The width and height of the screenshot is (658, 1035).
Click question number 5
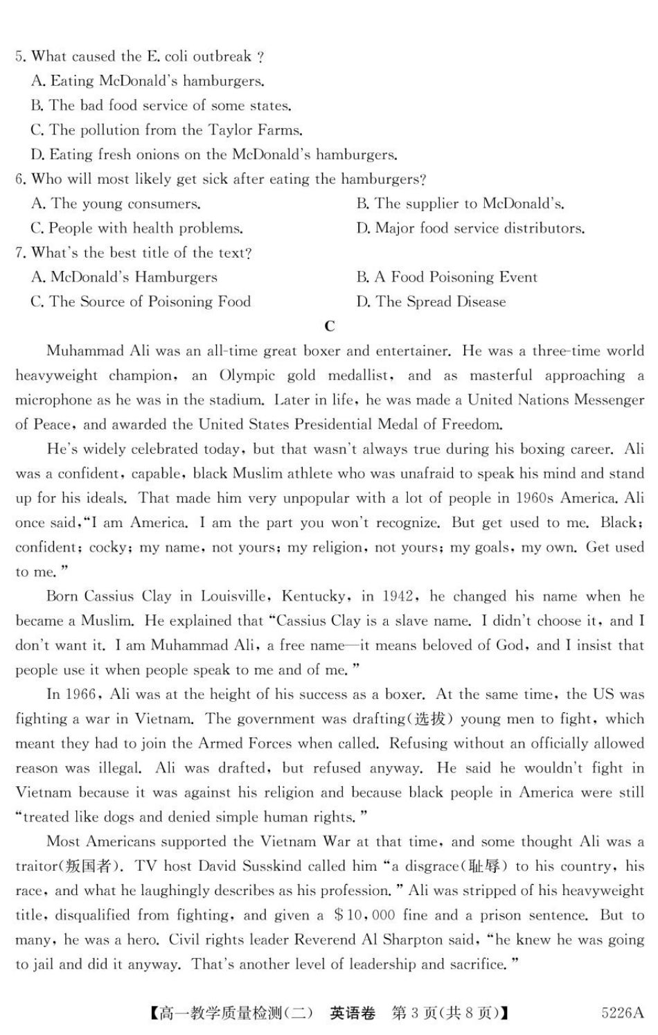point(20,57)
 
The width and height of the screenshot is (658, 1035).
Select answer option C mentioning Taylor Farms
point(166,130)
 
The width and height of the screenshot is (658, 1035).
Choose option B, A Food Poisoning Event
point(447,278)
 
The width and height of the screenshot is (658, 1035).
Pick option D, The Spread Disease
point(431,302)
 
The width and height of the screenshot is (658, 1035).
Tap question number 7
point(20,253)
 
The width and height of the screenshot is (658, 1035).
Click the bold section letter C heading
point(330,326)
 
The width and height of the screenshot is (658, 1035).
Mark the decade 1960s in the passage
point(538,498)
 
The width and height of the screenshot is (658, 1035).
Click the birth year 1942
point(398,596)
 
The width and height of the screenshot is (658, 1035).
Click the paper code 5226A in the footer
point(623,1013)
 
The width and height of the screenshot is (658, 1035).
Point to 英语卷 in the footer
point(353,1013)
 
